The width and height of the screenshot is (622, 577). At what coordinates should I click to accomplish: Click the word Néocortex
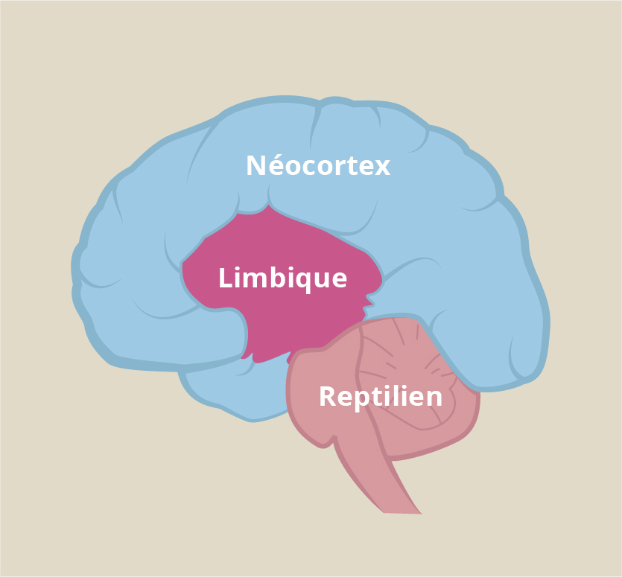[x=318, y=165]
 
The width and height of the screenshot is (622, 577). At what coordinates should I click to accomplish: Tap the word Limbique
[x=283, y=278]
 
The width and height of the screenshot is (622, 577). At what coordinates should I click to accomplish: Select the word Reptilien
[x=381, y=396]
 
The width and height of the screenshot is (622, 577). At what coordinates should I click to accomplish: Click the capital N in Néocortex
[x=256, y=165]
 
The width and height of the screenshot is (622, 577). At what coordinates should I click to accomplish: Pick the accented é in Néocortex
[x=276, y=165]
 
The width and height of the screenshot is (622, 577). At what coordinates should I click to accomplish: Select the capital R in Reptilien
[x=328, y=396]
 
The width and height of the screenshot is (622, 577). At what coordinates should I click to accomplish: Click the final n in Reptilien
[x=435, y=398]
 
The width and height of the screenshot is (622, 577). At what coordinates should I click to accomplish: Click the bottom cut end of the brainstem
[x=402, y=513]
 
